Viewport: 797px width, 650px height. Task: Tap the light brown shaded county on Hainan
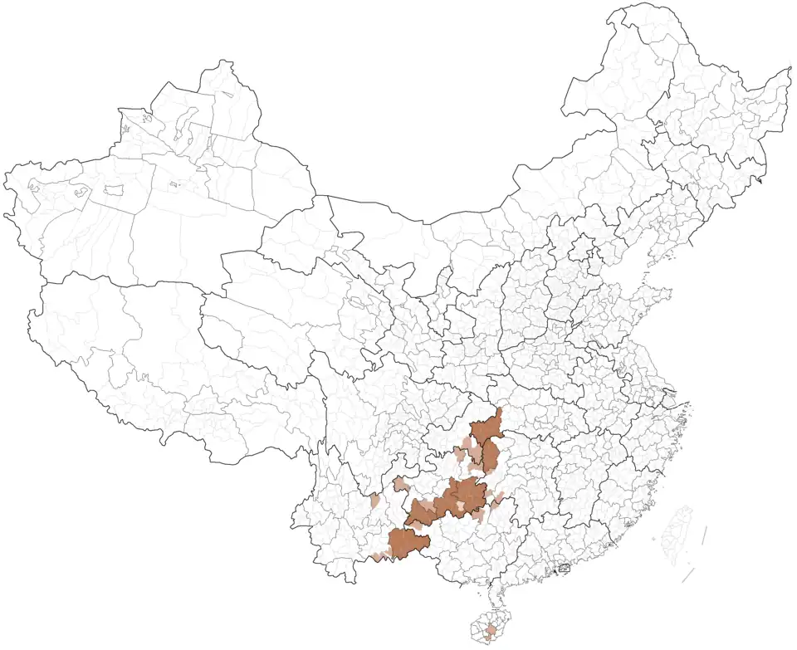click(491, 632)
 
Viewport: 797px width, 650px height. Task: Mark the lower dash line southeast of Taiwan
click(688, 575)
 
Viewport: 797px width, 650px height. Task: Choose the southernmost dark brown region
click(408, 544)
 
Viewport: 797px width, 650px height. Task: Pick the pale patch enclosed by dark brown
click(458, 504)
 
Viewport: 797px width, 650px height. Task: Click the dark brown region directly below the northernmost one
click(490, 456)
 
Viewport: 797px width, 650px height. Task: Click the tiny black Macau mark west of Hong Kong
click(554, 574)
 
